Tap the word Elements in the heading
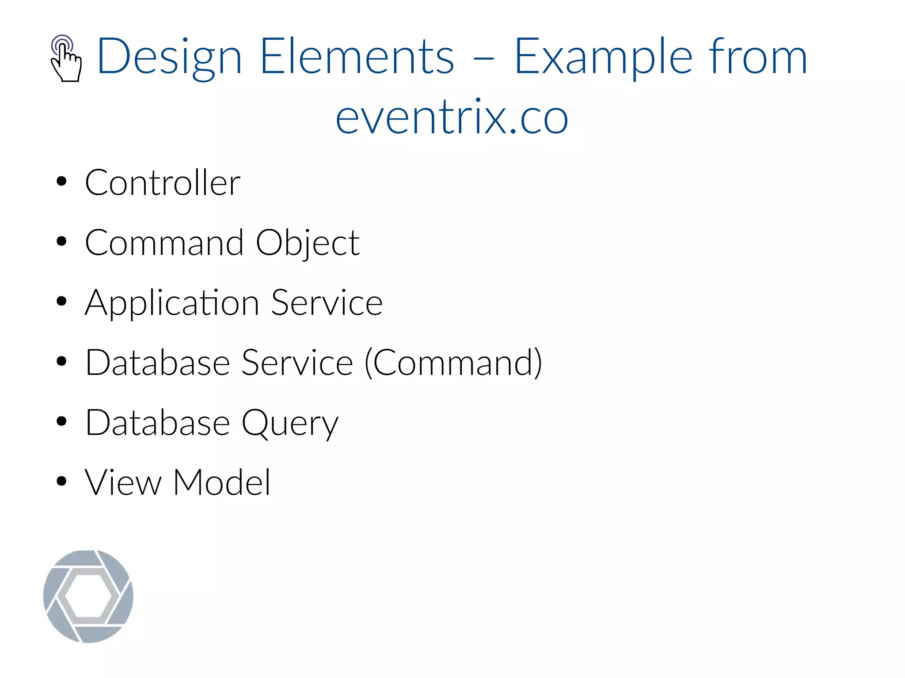click(357, 57)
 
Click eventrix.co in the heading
click(452, 117)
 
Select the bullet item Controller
click(163, 183)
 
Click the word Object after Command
click(308, 243)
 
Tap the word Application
click(172, 303)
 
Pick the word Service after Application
click(327, 303)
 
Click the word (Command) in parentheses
click(453, 363)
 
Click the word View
click(123, 482)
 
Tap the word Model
click(222, 482)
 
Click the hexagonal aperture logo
click(88, 596)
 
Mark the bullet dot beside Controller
click(61, 181)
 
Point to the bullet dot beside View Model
click(61, 481)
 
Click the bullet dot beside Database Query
click(61, 421)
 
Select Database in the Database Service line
click(158, 363)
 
